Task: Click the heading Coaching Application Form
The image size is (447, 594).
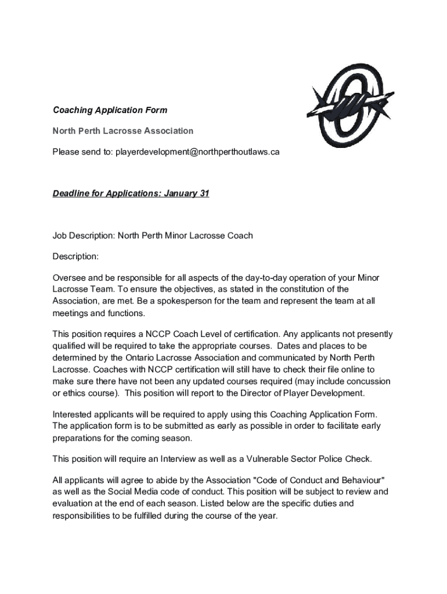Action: pos(110,110)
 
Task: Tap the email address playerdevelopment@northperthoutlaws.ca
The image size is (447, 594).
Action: pos(197,152)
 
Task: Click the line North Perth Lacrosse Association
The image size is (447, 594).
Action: pos(123,131)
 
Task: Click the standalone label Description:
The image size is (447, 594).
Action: pos(76,256)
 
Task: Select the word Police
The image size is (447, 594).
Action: pos(327,459)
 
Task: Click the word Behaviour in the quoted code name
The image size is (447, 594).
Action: pos(363,480)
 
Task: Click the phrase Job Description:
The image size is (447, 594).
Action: pos(84,236)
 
